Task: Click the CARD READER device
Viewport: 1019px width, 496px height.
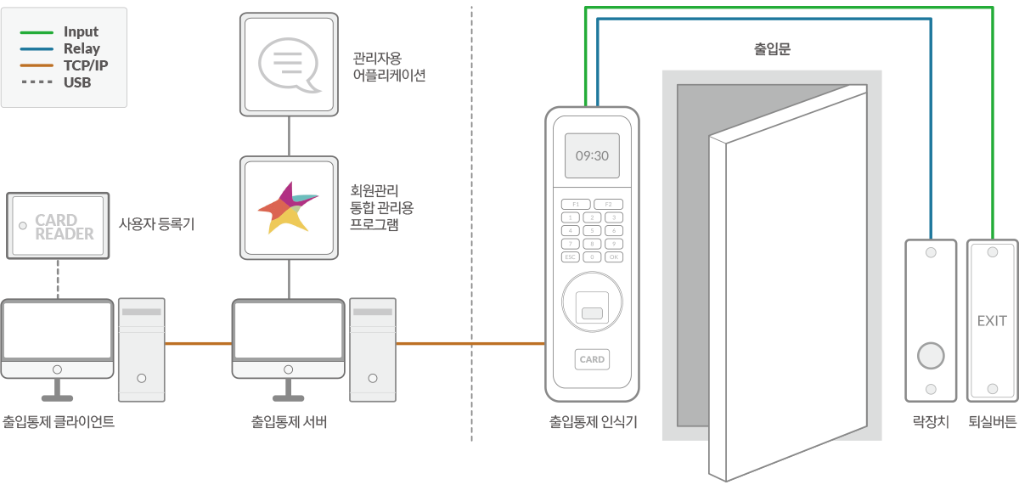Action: (x=58, y=226)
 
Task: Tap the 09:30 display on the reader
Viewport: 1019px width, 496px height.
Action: (x=592, y=156)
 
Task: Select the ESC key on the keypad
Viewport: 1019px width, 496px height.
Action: (x=571, y=256)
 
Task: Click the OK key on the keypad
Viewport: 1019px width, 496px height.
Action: (x=613, y=256)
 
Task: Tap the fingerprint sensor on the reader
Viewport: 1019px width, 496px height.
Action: (x=592, y=306)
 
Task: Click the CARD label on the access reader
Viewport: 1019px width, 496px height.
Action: (x=592, y=359)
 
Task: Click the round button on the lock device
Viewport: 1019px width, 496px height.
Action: (x=931, y=355)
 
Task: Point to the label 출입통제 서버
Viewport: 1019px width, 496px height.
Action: (x=289, y=421)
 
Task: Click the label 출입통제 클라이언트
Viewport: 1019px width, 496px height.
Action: (x=59, y=421)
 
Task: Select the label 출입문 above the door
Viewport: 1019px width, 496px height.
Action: (x=772, y=50)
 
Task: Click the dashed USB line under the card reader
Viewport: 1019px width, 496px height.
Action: (x=58, y=279)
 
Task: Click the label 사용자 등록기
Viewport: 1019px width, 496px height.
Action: (x=156, y=225)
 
